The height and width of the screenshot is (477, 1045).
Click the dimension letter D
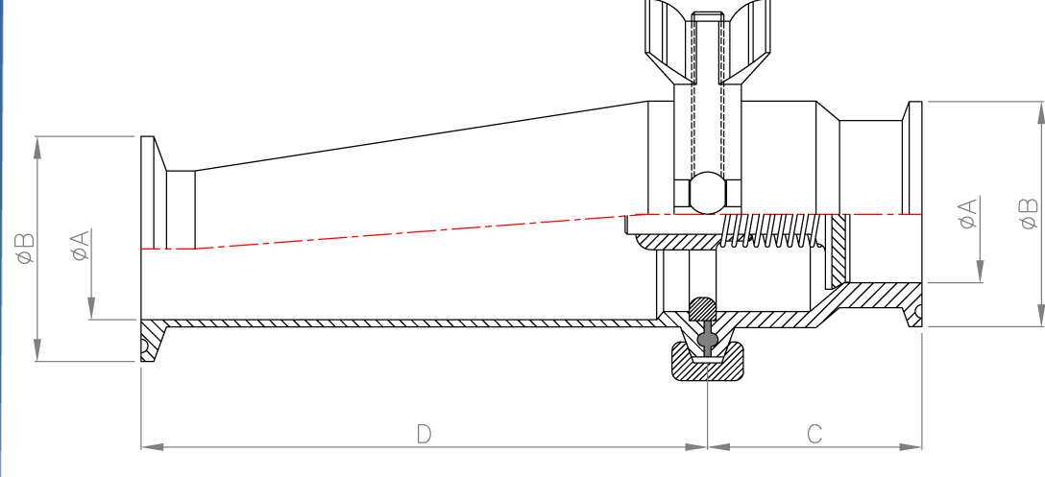click(x=424, y=434)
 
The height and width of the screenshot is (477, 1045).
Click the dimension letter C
click(x=814, y=434)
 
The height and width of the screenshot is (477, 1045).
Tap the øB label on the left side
click(x=25, y=249)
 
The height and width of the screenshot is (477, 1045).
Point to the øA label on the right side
click(x=968, y=213)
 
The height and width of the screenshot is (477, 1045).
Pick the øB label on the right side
click(x=1028, y=213)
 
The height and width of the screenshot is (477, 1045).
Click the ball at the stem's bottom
click(x=708, y=192)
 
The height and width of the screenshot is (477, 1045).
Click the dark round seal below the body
click(x=708, y=339)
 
